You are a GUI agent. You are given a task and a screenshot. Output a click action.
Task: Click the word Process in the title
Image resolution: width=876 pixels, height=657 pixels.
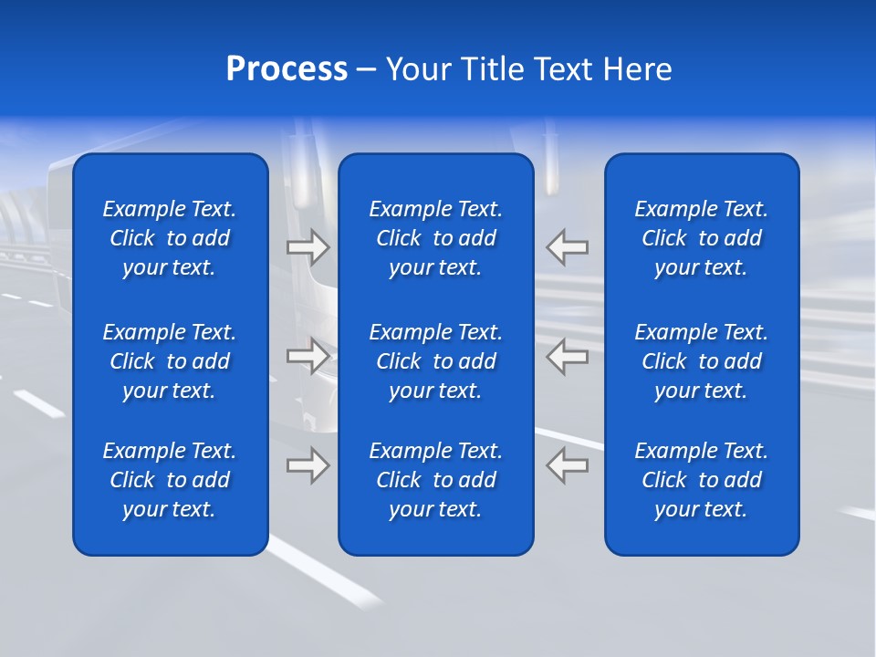287,69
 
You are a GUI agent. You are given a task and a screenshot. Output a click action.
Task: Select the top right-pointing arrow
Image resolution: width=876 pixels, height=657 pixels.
308,246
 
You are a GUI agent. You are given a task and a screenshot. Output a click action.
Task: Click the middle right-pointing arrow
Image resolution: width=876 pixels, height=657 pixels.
308,356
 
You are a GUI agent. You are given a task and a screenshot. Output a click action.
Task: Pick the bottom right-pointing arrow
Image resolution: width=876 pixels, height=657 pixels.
308,465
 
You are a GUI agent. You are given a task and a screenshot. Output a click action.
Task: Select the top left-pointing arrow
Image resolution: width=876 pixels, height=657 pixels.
567,246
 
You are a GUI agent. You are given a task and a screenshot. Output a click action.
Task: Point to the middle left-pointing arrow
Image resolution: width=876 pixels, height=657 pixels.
567,356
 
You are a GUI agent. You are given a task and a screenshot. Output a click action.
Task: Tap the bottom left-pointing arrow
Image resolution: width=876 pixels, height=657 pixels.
567,465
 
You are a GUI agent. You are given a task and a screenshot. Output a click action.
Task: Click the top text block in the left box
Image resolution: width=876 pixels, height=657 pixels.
170,238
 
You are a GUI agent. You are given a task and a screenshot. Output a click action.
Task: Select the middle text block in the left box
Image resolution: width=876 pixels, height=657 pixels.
170,361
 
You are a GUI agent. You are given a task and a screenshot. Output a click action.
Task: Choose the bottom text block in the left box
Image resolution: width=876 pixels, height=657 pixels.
170,480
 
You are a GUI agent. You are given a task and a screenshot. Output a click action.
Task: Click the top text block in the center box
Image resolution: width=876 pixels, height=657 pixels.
435,238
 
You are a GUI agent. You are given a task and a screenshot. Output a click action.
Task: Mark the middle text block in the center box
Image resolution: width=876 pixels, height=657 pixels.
435,361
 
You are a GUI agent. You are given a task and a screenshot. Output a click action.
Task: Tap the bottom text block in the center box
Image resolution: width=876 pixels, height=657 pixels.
435,480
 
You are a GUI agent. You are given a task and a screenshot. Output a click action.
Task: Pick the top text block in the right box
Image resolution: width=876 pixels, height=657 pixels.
701,238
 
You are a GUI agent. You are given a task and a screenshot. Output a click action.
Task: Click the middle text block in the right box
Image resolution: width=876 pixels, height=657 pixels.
701,361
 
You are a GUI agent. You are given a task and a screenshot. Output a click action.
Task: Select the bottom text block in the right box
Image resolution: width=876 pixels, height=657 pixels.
701,480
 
